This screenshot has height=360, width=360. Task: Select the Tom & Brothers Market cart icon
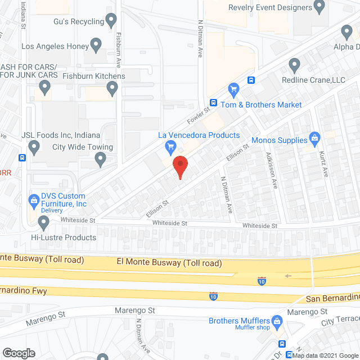[233, 88]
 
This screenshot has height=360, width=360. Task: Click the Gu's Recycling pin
[112, 21]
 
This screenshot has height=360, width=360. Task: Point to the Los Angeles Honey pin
[96, 44]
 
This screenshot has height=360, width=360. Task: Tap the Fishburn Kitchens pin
[112, 87]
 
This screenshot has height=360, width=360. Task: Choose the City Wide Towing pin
[101, 160]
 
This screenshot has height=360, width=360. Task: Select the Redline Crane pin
[293, 64]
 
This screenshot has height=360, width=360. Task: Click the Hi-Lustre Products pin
[44, 223]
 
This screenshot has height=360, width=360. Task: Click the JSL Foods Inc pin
[34, 147]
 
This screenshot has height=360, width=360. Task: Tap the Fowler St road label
[197, 116]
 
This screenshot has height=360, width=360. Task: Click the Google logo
[19, 353]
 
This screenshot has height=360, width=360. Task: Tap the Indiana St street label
[24, 15]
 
